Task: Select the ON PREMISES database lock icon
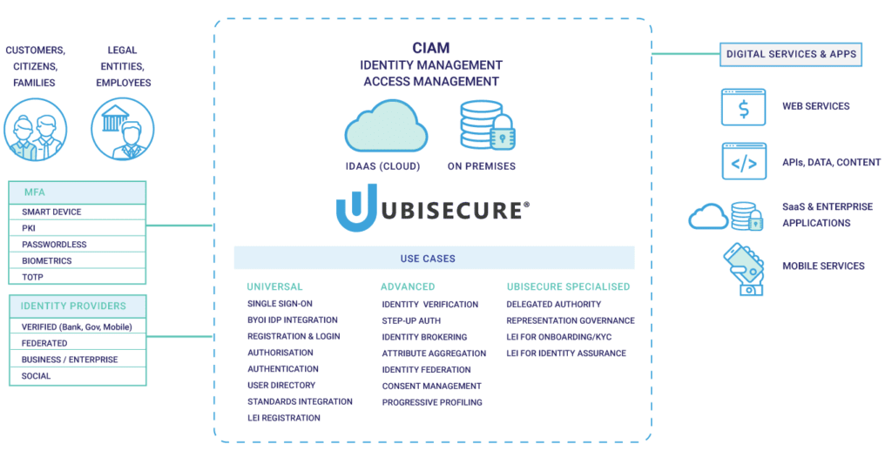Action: pyautogui.click(x=486, y=125)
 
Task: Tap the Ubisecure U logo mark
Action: pyautogui.click(x=356, y=208)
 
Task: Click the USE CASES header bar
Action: pyautogui.click(x=433, y=259)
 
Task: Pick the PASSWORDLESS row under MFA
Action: pyautogui.click(x=78, y=245)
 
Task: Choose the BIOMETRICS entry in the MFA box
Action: pyautogui.click(x=78, y=261)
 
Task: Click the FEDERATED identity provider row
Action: pyautogui.click(x=78, y=343)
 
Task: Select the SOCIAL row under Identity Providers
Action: pyautogui.click(x=78, y=376)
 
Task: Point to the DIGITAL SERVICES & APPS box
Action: pyautogui.click(x=791, y=54)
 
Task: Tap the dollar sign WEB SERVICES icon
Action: pyautogui.click(x=743, y=107)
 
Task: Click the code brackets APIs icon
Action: pyautogui.click(x=743, y=162)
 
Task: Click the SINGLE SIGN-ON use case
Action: pyautogui.click(x=280, y=304)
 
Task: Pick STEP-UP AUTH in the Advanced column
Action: pyautogui.click(x=412, y=320)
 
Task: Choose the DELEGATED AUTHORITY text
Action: pyautogui.click(x=553, y=304)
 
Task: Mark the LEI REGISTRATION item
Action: pyautogui.click(x=283, y=418)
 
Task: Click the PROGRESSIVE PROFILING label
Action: pyautogui.click(x=431, y=402)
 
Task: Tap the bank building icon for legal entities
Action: pyautogui.click(x=118, y=123)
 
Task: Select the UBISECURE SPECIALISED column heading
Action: pyautogui.click(x=567, y=286)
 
